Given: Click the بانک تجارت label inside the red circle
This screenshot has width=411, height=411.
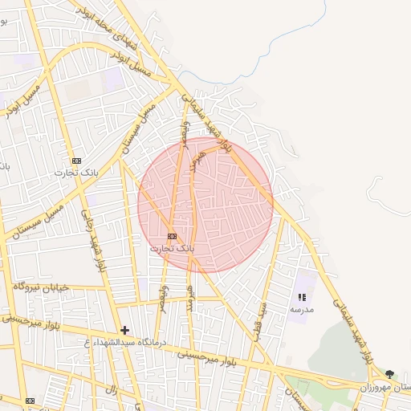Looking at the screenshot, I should [172, 249].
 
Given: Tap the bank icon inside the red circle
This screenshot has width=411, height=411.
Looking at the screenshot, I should [172, 237].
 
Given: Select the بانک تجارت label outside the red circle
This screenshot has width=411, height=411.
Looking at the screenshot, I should [75, 173].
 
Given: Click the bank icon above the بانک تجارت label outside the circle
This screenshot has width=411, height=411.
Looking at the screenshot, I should [76, 161].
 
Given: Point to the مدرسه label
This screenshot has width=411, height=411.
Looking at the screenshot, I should [302, 309].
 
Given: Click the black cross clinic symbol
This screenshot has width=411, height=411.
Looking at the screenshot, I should [124, 330].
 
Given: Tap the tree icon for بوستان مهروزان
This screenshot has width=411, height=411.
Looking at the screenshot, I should [390, 374].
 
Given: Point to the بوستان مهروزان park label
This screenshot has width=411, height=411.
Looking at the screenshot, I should [385, 387].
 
